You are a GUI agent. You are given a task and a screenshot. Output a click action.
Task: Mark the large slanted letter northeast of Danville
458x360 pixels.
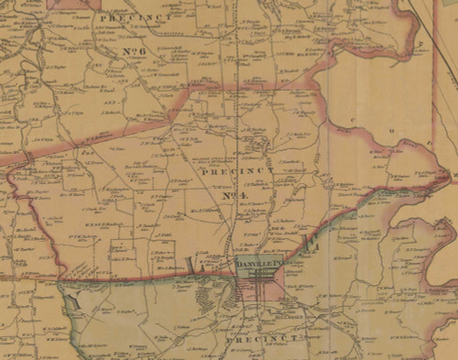coord(311,243)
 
